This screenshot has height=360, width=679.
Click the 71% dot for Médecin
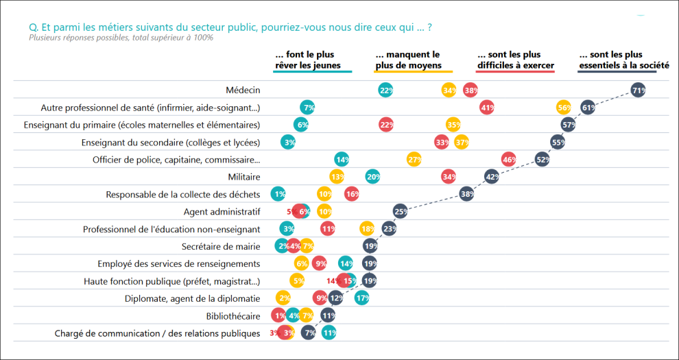pos(639,90)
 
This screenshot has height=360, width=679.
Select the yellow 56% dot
pos(564,107)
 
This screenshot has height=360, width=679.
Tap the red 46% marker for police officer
pos(509,159)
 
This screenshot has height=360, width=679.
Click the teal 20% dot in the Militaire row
pos(372,176)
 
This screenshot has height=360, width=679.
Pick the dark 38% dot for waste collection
pos(466,194)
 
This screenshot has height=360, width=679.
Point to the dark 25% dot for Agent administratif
pos(401,211)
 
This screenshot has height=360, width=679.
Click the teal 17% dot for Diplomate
pos(362,298)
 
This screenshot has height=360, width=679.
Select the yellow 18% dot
pos(367,228)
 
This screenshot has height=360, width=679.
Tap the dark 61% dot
pos(588,107)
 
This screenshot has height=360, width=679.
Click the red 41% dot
pos(487,107)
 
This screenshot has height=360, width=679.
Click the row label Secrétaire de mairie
pos(221,246)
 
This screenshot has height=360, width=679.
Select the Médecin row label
pos(243,90)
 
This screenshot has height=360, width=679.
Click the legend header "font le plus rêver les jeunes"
pos(312,60)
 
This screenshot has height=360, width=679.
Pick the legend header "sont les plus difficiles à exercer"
pos(515,60)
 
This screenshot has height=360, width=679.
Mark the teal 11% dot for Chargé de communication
pos(329,333)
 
